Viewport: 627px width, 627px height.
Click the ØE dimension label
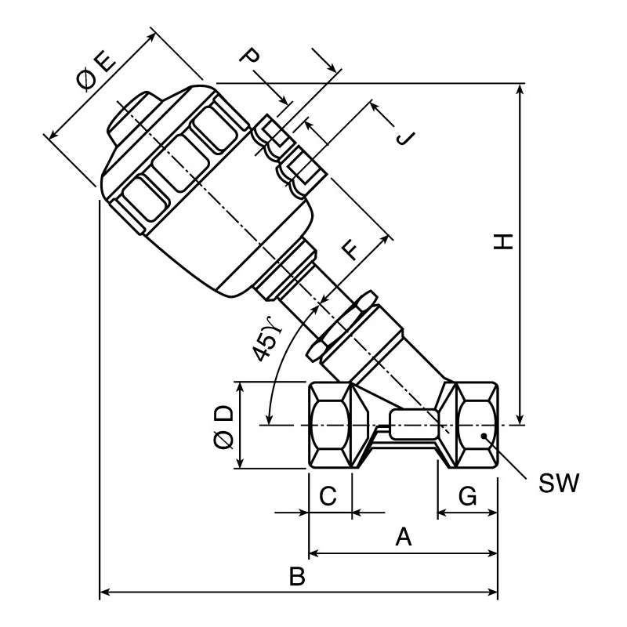tap(96, 71)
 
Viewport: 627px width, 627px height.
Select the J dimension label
tap(405, 138)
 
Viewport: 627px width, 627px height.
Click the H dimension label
tap(503, 242)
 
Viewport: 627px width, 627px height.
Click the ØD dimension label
tap(223, 427)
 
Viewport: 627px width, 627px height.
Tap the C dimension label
tap(328, 496)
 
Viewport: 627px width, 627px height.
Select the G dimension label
tap(467, 496)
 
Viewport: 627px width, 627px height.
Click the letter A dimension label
tap(403, 537)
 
